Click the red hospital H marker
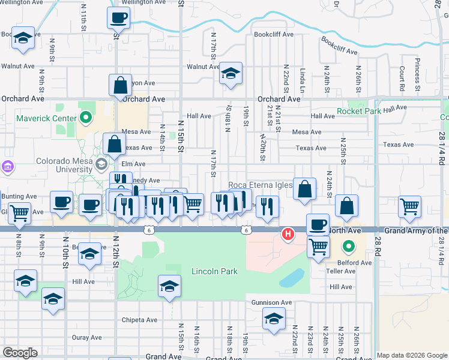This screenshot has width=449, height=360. [x=288, y=233]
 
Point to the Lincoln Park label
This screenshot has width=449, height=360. [x=214, y=271]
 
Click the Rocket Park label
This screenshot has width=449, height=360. [x=359, y=112]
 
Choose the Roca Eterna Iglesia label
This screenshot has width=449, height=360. [x=259, y=185]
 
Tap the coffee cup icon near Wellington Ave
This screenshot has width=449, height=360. [x=119, y=17]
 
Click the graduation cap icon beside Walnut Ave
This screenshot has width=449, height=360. [x=231, y=74]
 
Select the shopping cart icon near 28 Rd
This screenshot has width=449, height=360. [x=409, y=206]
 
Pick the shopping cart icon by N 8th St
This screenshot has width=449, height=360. [x=19, y=212]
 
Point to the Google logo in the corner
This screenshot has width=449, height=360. [x=20, y=353]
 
